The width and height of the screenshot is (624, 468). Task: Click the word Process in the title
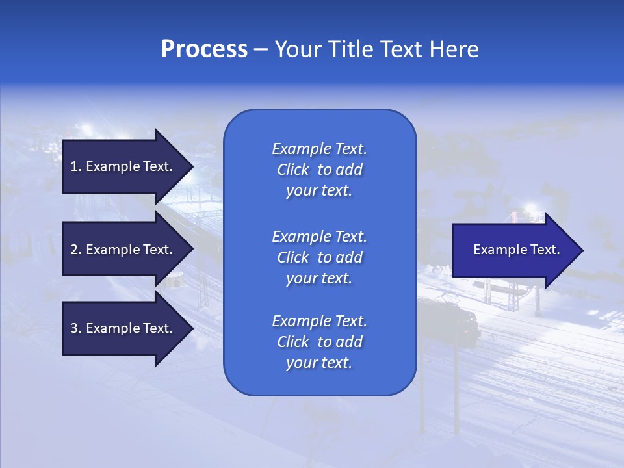[204, 49]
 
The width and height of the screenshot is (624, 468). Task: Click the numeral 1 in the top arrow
[74, 166]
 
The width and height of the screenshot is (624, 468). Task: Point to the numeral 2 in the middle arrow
[74, 250]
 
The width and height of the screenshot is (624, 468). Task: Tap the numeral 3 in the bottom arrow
[74, 328]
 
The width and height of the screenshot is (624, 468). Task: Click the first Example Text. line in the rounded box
[319, 149]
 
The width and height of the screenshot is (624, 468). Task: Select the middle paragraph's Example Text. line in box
[319, 236]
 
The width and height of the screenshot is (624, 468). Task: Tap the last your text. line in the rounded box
[319, 363]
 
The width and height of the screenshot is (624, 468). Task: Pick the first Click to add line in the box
[319, 170]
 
